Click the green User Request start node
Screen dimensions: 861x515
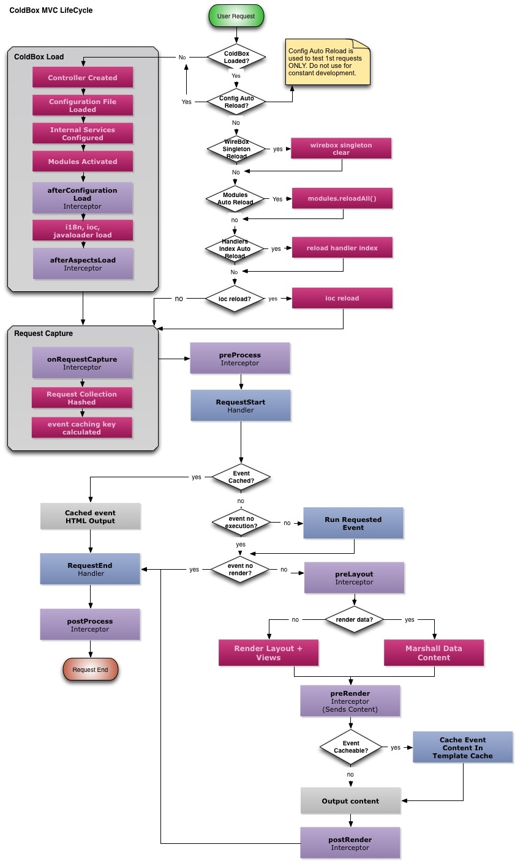click(x=236, y=17)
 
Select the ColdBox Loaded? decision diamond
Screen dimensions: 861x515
click(x=236, y=58)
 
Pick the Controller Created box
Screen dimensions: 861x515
click(x=83, y=78)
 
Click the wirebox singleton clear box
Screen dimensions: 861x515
click(x=341, y=149)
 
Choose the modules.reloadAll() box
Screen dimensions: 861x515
click(x=342, y=199)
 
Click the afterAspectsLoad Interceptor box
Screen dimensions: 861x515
click(x=83, y=264)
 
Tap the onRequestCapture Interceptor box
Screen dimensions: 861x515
click(x=82, y=363)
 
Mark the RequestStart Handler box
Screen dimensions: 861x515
click(x=241, y=406)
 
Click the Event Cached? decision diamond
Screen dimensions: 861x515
click(x=241, y=477)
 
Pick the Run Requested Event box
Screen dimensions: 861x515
click(x=353, y=523)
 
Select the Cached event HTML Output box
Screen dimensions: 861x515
click(x=90, y=516)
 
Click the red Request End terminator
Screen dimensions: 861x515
click(x=90, y=669)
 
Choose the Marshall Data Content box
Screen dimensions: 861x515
click(x=434, y=653)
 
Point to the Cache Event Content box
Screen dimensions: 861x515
click(x=462, y=748)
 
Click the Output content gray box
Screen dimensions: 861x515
click(x=350, y=801)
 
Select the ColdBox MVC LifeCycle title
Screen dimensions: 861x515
click(x=51, y=10)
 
